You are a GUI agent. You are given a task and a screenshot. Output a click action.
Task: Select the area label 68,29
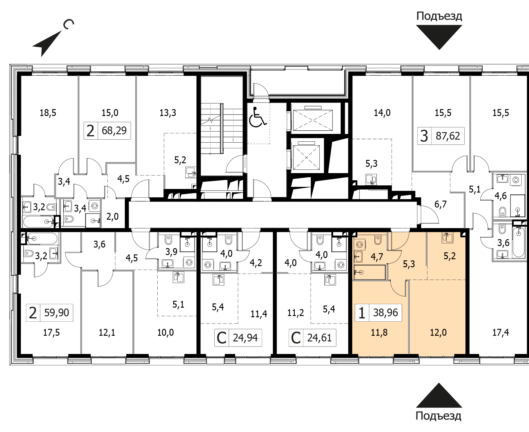[x=114, y=131]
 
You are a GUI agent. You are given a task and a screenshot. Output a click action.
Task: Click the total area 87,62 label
[x=448, y=136]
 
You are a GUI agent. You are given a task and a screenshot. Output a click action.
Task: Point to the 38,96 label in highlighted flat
[x=385, y=313]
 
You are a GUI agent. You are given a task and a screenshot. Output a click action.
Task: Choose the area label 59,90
[x=56, y=313]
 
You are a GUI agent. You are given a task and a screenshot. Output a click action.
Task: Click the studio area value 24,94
[x=245, y=338]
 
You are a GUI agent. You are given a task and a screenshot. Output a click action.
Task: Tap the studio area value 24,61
[x=319, y=338]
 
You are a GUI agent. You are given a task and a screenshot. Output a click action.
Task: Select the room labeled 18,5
[x=48, y=113]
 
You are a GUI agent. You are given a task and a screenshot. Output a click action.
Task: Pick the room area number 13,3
[x=168, y=113]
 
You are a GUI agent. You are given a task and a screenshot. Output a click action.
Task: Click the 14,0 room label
[x=382, y=113]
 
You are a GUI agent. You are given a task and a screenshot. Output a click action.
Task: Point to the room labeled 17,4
[x=501, y=332]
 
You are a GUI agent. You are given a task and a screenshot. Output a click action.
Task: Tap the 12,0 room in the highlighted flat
[x=438, y=332]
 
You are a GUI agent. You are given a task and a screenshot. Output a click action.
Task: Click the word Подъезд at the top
[x=439, y=16]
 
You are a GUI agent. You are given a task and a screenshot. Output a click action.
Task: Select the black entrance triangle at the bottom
[x=439, y=395]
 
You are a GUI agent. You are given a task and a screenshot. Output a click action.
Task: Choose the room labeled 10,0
[x=165, y=332]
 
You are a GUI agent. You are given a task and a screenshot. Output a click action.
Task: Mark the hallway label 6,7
[x=441, y=204]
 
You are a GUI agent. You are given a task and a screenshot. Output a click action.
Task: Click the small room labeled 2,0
[x=113, y=216]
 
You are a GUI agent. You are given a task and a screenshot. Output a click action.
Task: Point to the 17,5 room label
[x=51, y=332]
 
